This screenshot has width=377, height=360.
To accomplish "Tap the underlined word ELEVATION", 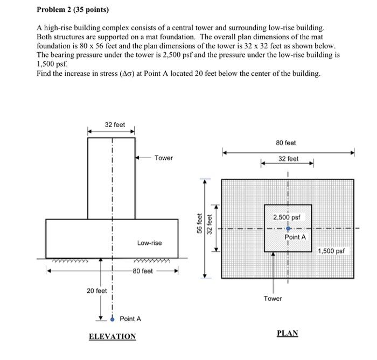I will (112, 336).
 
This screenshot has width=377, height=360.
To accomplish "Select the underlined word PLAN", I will (287, 333).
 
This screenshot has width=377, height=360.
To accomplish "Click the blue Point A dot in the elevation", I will (112, 318).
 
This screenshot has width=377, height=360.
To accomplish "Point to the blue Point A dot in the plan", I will (288, 229).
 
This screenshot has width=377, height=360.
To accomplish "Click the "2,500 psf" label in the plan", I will (289, 218).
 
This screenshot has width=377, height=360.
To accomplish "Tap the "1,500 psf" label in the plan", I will (333, 251).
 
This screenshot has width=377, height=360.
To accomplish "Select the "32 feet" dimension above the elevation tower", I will (114, 124).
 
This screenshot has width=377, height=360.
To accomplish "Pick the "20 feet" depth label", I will (97, 291).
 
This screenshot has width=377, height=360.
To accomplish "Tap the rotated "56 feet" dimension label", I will (199, 223).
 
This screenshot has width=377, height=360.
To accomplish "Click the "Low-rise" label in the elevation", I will (149, 243).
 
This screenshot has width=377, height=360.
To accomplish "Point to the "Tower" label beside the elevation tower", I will (164, 158).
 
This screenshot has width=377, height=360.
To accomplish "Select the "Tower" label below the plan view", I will (273, 298).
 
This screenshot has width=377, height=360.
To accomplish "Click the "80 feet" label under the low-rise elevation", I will (143, 271).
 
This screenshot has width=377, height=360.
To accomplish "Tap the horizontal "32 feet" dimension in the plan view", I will (288, 159).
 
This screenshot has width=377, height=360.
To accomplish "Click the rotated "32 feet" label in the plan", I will (210, 226).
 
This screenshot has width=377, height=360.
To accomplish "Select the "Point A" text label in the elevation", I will (130, 319).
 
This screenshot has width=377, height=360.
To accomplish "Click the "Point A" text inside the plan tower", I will (295, 237).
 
